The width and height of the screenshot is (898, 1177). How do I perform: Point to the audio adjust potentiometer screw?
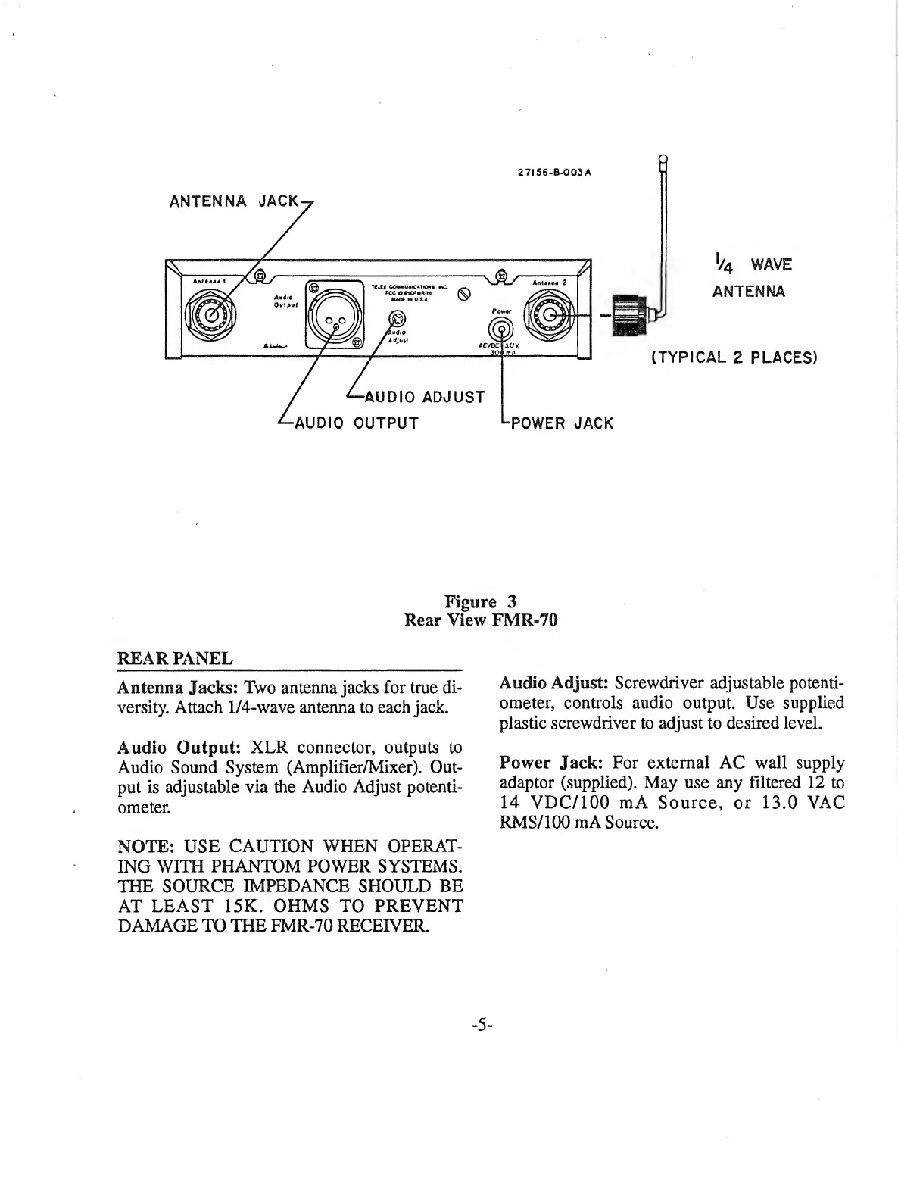tap(394, 320)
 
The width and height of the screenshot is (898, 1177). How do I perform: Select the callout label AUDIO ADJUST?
tap(424, 397)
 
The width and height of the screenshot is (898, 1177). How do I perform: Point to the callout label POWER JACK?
tap(562, 423)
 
